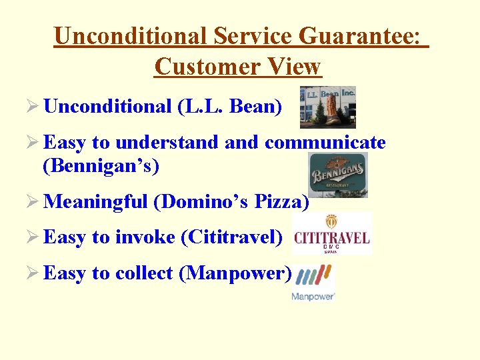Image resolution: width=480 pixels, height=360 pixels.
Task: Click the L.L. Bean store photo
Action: pyautogui.click(x=327, y=107)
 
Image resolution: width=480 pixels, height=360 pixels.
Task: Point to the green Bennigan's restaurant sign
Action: pyautogui.click(x=338, y=175)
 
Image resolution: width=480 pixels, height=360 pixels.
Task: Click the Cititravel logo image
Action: pyautogui.click(x=332, y=234)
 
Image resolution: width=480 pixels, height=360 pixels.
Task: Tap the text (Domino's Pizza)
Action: pyautogui.click(x=231, y=201)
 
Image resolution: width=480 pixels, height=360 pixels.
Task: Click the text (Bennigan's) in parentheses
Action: pyautogui.click(x=101, y=165)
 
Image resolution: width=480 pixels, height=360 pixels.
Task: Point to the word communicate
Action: pyautogui.click(x=325, y=142)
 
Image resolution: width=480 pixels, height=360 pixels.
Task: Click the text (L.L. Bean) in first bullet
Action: pyautogui.click(x=230, y=106)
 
